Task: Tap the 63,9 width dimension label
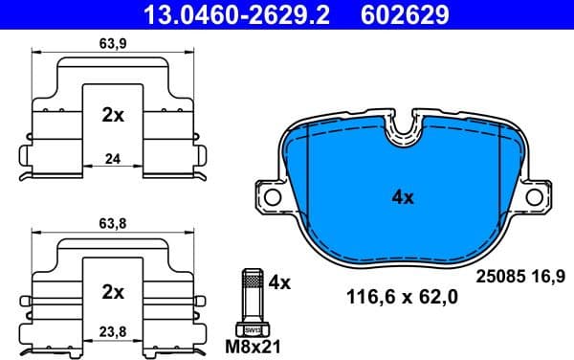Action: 113,43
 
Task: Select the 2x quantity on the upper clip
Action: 113,115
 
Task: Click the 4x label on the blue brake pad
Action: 403,198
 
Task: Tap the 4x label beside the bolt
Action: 279,282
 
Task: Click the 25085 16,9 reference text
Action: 520,277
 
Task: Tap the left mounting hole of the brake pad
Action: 271,197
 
